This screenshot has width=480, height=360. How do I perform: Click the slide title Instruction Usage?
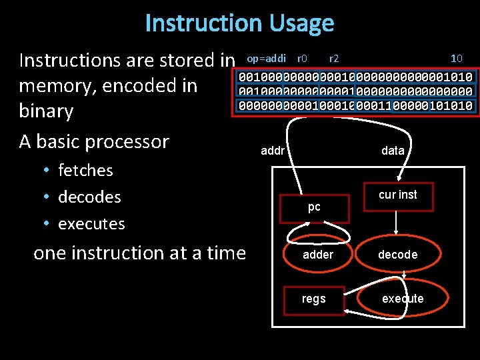point(239,23)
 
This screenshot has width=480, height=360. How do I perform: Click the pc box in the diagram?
point(314,207)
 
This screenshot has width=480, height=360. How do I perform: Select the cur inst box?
point(397,195)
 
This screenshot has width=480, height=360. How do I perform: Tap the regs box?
point(313,299)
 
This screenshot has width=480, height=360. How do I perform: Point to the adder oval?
point(318,254)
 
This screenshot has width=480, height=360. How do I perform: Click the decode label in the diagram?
point(397,254)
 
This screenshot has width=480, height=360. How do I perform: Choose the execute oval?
point(402,299)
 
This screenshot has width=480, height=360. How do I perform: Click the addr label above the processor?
point(273,151)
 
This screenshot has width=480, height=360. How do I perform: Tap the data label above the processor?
point(393,151)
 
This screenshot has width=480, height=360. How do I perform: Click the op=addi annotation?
point(266,58)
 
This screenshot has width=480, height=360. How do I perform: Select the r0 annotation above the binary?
point(301,58)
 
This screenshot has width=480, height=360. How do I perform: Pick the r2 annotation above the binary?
point(334,58)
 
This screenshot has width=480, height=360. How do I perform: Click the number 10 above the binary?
point(457,58)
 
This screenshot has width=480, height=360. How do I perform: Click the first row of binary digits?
point(355,76)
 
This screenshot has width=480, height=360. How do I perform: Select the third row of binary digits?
point(355,105)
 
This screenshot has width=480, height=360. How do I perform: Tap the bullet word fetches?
point(85,171)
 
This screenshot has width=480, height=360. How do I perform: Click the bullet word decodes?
point(89,197)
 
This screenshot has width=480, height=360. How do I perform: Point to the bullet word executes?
point(91,224)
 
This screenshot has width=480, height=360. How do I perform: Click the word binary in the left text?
point(46,111)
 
